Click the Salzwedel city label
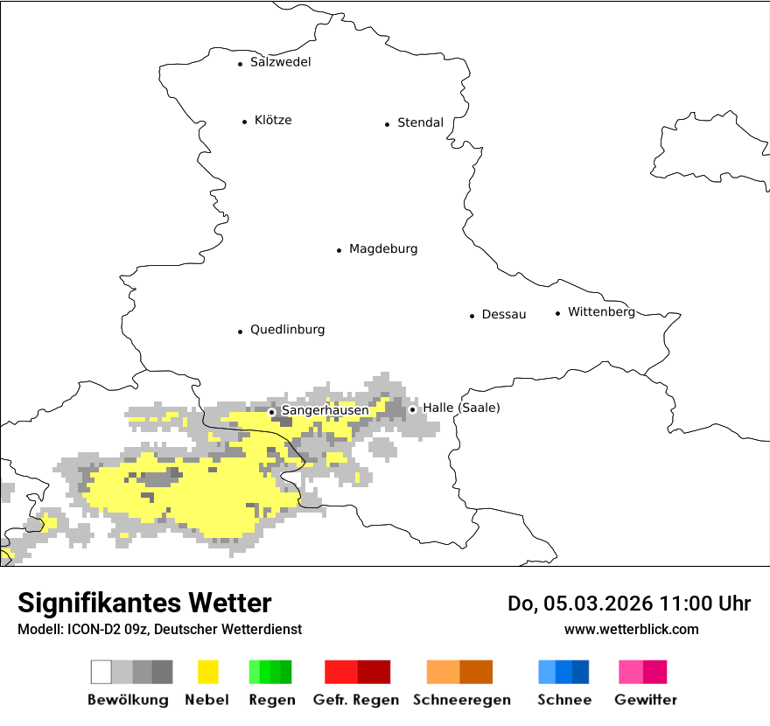pyautogui.click(x=280, y=62)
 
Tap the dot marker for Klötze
pyautogui.click(x=244, y=122)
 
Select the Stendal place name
pyautogui.click(x=420, y=122)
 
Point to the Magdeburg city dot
pyautogui.click(x=339, y=250)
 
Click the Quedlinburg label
pyautogui.click(x=287, y=330)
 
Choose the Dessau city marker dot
pyautogui.click(x=472, y=316)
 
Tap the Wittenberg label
pyautogui.click(x=601, y=312)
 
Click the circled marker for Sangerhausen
pyautogui.click(x=272, y=411)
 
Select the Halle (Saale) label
pyautogui.click(x=461, y=408)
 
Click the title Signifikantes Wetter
pyautogui.click(x=144, y=603)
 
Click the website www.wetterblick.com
pyautogui.click(x=631, y=629)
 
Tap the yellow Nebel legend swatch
pyautogui.click(x=208, y=672)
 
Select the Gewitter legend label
pyautogui.click(x=646, y=700)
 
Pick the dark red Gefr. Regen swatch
pyautogui.click(x=374, y=672)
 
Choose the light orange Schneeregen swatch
pyautogui.click(x=443, y=672)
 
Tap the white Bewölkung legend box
pyautogui.click(x=101, y=672)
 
